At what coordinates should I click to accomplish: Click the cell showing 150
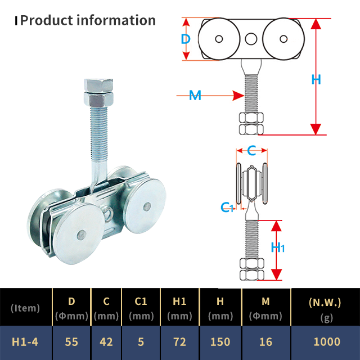coord(220,341)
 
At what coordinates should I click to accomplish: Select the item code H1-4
coord(25,341)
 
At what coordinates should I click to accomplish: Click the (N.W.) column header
coord(325,301)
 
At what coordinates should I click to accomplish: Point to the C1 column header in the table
coord(141,301)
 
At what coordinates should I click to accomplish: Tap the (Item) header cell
coord(25,308)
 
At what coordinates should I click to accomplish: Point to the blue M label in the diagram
coord(195,96)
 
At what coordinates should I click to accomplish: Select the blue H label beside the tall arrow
coord(316,79)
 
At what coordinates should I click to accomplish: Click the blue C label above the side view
coord(251,150)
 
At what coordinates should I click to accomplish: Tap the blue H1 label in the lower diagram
coord(278,247)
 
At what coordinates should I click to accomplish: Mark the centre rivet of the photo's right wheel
coord(147,205)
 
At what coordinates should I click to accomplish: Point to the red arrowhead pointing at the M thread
coord(237,96)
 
